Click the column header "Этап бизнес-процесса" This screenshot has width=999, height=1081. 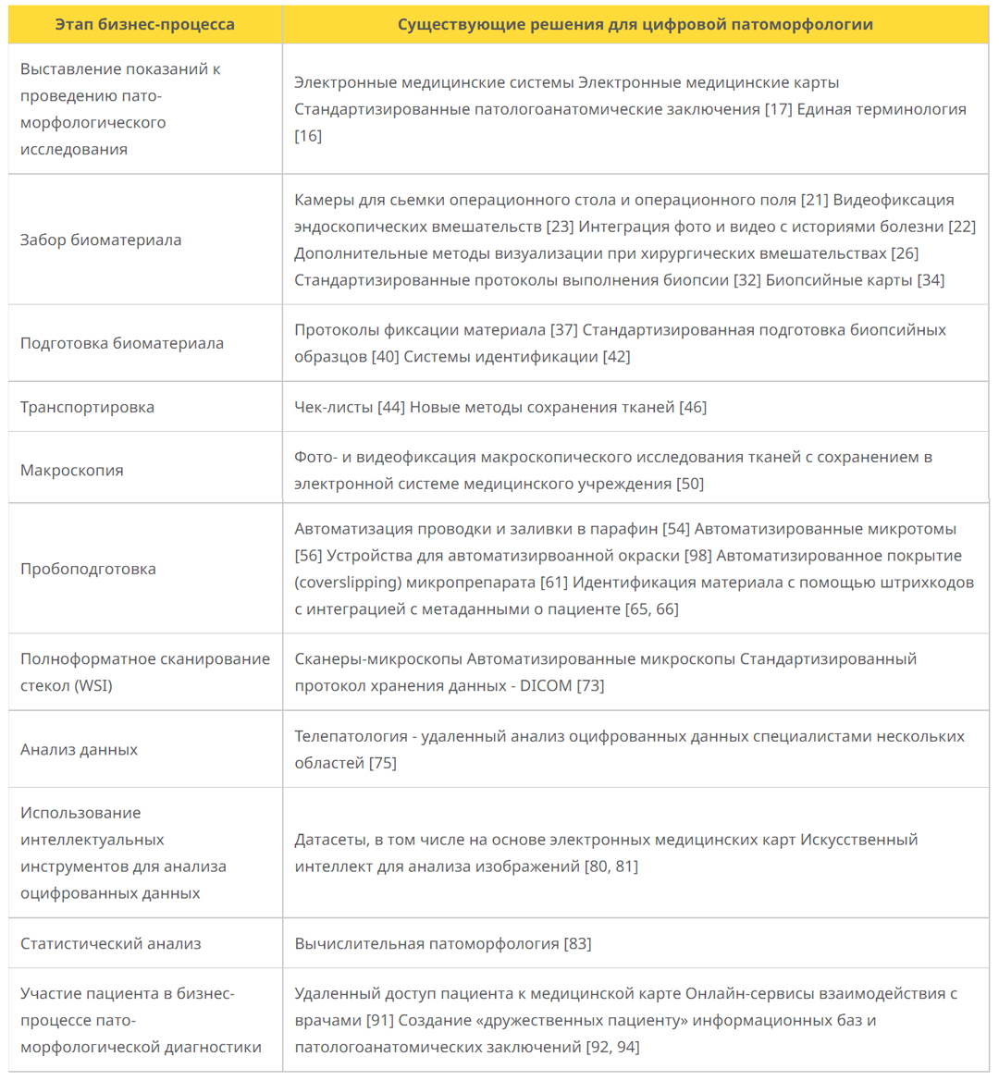click(x=144, y=25)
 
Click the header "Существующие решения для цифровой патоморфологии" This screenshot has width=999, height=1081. click(x=635, y=25)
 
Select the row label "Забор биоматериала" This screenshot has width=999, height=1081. click(x=101, y=240)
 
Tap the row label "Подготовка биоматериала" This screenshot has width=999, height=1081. click(x=121, y=343)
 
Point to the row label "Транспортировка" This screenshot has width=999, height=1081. click(x=87, y=407)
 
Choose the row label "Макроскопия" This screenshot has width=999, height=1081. click(x=71, y=470)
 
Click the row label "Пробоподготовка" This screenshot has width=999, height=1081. click(x=88, y=569)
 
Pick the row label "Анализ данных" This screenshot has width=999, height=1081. click(x=79, y=750)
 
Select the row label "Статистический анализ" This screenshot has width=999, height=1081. click(x=110, y=943)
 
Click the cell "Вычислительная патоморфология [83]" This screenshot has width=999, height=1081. click(x=442, y=943)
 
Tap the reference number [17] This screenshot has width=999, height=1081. click(x=778, y=109)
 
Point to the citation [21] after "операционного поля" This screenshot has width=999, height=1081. click(x=815, y=200)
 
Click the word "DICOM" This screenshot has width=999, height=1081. click(x=546, y=686)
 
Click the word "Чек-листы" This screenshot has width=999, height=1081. click(x=334, y=407)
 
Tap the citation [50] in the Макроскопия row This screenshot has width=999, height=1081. click(x=690, y=484)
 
